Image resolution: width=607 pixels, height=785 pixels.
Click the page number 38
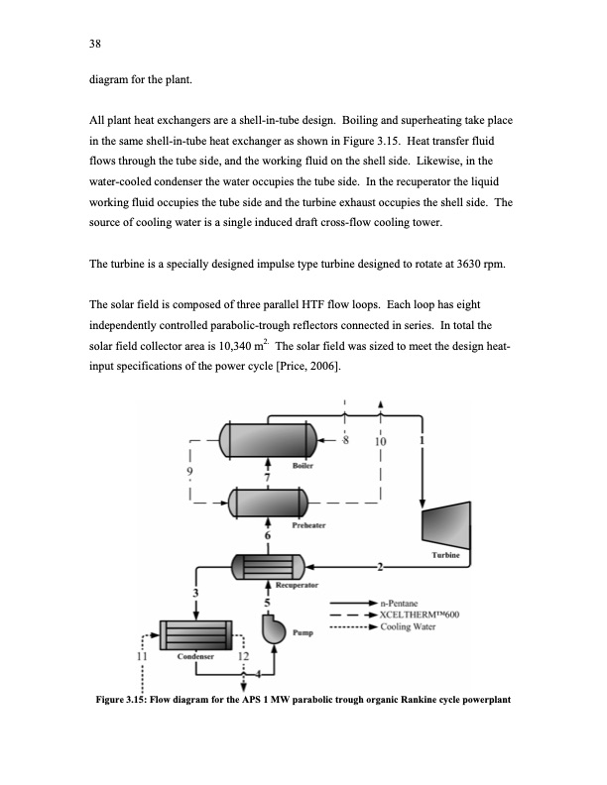click(95, 44)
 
